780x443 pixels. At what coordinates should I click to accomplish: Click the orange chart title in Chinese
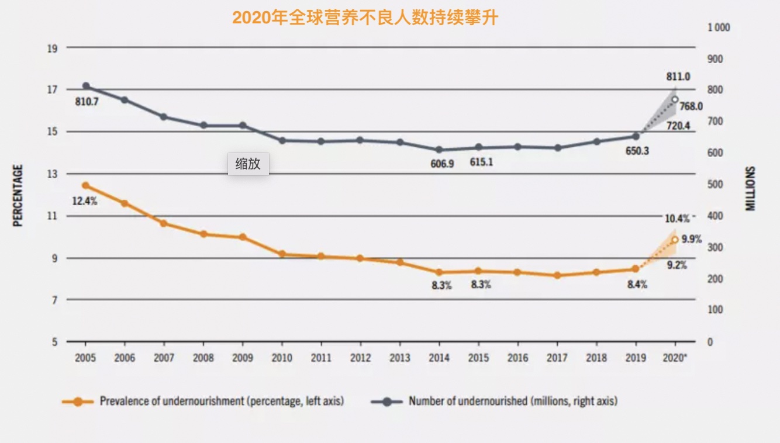(x=365, y=18)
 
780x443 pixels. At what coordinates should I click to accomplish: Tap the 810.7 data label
(x=87, y=102)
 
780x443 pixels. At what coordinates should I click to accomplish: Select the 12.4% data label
(x=84, y=201)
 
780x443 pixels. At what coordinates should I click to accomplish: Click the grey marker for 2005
(x=86, y=86)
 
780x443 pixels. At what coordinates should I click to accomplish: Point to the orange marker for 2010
(x=282, y=254)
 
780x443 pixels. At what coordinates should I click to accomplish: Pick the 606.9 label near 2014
(x=442, y=164)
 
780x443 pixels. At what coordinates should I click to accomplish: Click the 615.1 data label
(x=481, y=162)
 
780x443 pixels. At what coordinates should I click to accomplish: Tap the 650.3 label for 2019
(x=637, y=151)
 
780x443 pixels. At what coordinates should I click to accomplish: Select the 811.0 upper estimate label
(x=678, y=77)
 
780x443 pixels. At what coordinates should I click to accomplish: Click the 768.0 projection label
(x=691, y=106)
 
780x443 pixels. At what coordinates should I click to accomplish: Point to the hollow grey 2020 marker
(x=675, y=99)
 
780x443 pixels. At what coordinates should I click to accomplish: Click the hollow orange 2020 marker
(x=675, y=240)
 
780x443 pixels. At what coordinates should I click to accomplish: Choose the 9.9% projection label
(x=692, y=238)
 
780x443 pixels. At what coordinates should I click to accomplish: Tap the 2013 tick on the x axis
(x=400, y=358)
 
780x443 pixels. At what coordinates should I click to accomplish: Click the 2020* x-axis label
(x=675, y=358)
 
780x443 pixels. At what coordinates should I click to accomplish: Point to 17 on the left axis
(x=53, y=89)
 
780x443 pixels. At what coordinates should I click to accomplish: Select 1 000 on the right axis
(x=719, y=27)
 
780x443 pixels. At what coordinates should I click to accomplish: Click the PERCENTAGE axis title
(x=18, y=195)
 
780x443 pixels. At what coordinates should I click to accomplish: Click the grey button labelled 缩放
(x=248, y=164)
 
